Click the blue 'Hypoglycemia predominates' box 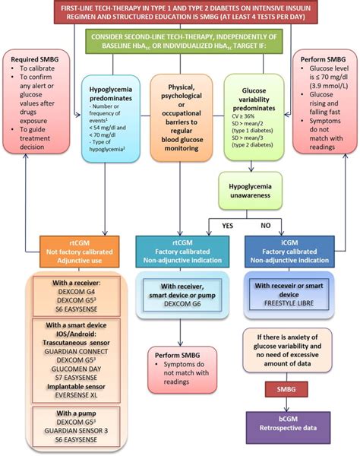112,118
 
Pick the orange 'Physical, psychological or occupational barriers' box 180,118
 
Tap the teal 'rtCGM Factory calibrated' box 180,248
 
